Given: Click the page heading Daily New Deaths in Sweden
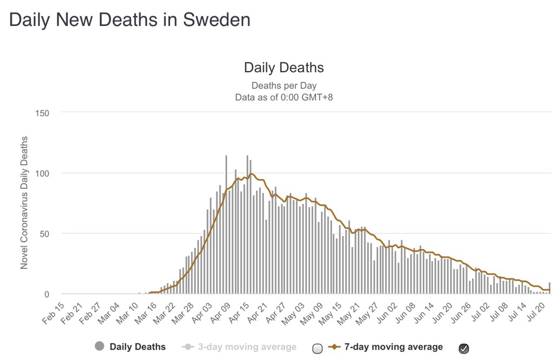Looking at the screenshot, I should click(130, 20).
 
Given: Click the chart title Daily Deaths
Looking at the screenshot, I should click(283, 68).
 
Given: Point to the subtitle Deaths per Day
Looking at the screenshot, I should click(283, 86).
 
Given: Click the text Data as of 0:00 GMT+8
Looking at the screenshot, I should click(283, 98).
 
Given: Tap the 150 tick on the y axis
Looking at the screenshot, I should click(42, 113).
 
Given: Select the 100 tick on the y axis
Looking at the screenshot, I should click(42, 173).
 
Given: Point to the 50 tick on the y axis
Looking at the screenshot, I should click(44, 234).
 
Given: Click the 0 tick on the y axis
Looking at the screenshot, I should click(47, 294).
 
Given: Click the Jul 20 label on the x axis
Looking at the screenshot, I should click(538, 312).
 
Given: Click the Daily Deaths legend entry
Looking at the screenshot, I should click(138, 346).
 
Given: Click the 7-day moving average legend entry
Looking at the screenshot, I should click(393, 347).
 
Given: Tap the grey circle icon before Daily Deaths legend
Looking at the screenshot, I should click(99, 346).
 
